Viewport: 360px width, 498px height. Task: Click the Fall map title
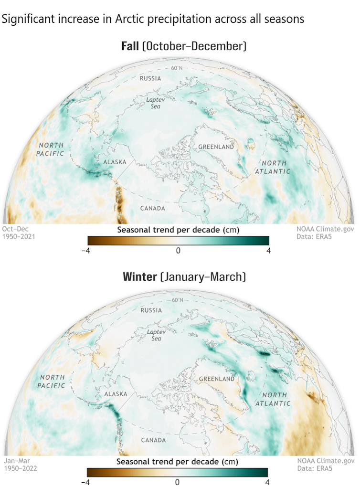183,46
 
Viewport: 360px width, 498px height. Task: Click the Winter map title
184,277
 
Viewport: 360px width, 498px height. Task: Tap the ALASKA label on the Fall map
115,163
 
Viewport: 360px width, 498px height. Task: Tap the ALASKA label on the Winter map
115,394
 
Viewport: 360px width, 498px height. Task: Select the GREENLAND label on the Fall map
216,147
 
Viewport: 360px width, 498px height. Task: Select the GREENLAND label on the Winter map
216,379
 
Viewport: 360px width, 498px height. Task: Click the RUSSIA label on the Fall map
150,78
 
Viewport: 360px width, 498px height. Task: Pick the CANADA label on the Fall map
153,208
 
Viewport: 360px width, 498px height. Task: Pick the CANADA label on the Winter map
153,439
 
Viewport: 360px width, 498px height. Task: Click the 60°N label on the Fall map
177,68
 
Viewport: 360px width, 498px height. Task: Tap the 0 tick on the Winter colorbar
177,482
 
